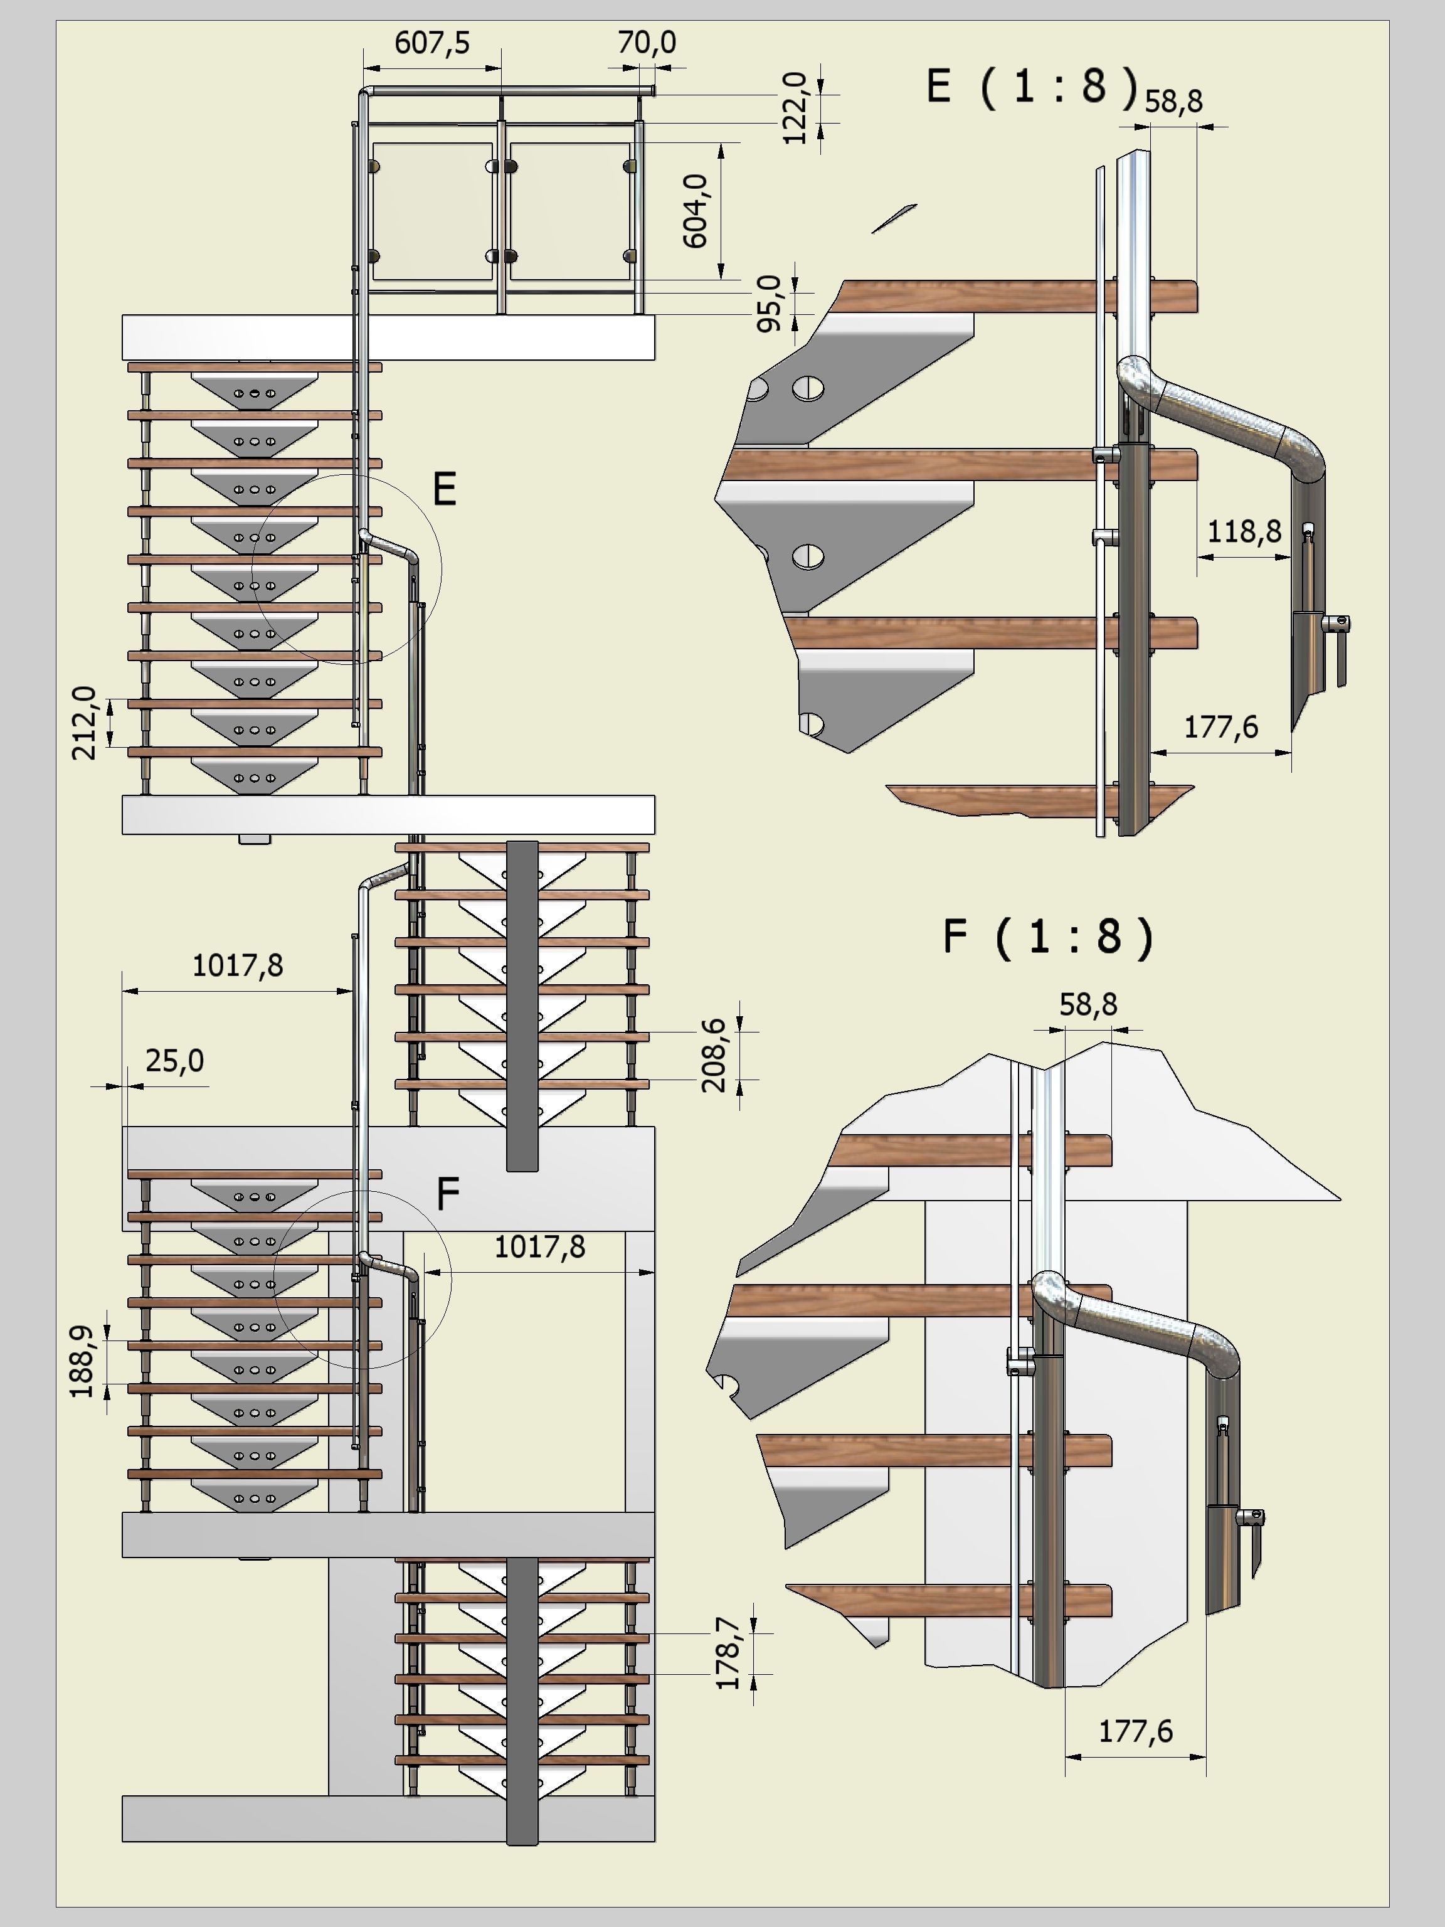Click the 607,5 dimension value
pyautogui.click(x=432, y=43)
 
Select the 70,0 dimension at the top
pyautogui.click(x=646, y=43)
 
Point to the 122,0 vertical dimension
pyautogui.click(x=795, y=108)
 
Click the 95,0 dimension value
pyautogui.click(x=770, y=303)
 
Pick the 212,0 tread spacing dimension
pyautogui.click(x=85, y=723)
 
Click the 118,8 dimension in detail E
pyautogui.click(x=1244, y=531)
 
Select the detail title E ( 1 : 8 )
pyautogui.click(x=1032, y=86)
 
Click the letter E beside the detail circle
pyautogui.click(x=444, y=491)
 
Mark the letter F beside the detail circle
pyautogui.click(x=447, y=1194)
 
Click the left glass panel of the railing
pyautogui.click(x=433, y=211)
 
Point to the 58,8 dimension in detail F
pyautogui.click(x=1088, y=1004)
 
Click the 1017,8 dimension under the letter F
pyautogui.click(x=539, y=1246)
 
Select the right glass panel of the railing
pyautogui.click(x=569, y=211)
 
